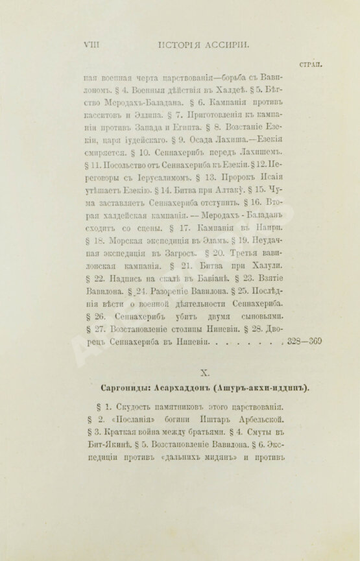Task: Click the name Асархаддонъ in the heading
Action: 189,389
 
